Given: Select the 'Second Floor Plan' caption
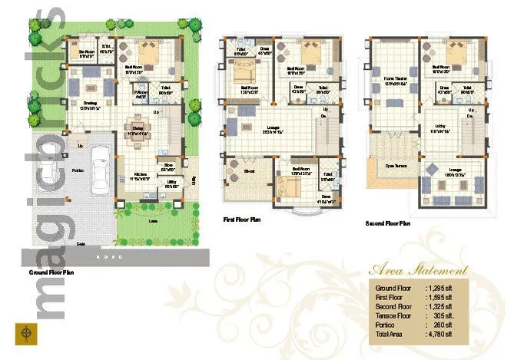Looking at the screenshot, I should pyautogui.click(x=388, y=223).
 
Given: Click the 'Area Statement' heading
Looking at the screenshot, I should pyautogui.click(x=419, y=270).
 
